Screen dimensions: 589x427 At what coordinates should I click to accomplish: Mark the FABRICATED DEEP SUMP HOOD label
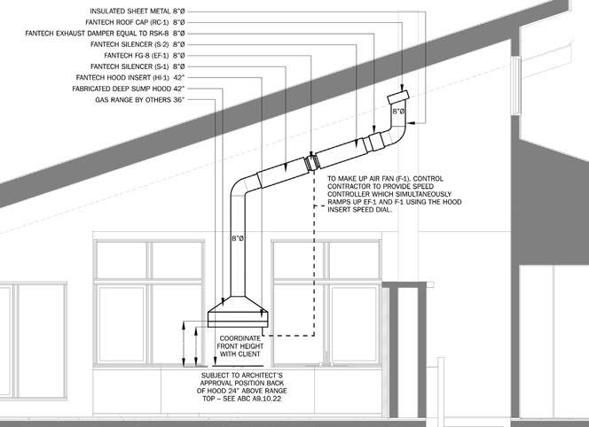[129, 89]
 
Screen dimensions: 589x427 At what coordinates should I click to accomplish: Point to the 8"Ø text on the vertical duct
[238, 239]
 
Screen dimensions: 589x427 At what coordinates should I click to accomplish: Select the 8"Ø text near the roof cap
[399, 113]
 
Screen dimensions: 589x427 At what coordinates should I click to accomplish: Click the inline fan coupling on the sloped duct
[312, 162]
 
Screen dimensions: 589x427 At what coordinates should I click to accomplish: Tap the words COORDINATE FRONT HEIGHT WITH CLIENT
[238, 346]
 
